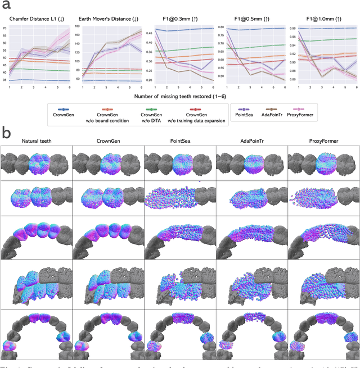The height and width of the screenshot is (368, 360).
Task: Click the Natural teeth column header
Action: click(x=36, y=141)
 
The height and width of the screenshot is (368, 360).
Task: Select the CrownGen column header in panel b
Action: click(x=107, y=141)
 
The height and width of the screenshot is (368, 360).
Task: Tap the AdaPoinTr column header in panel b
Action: click(x=251, y=141)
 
